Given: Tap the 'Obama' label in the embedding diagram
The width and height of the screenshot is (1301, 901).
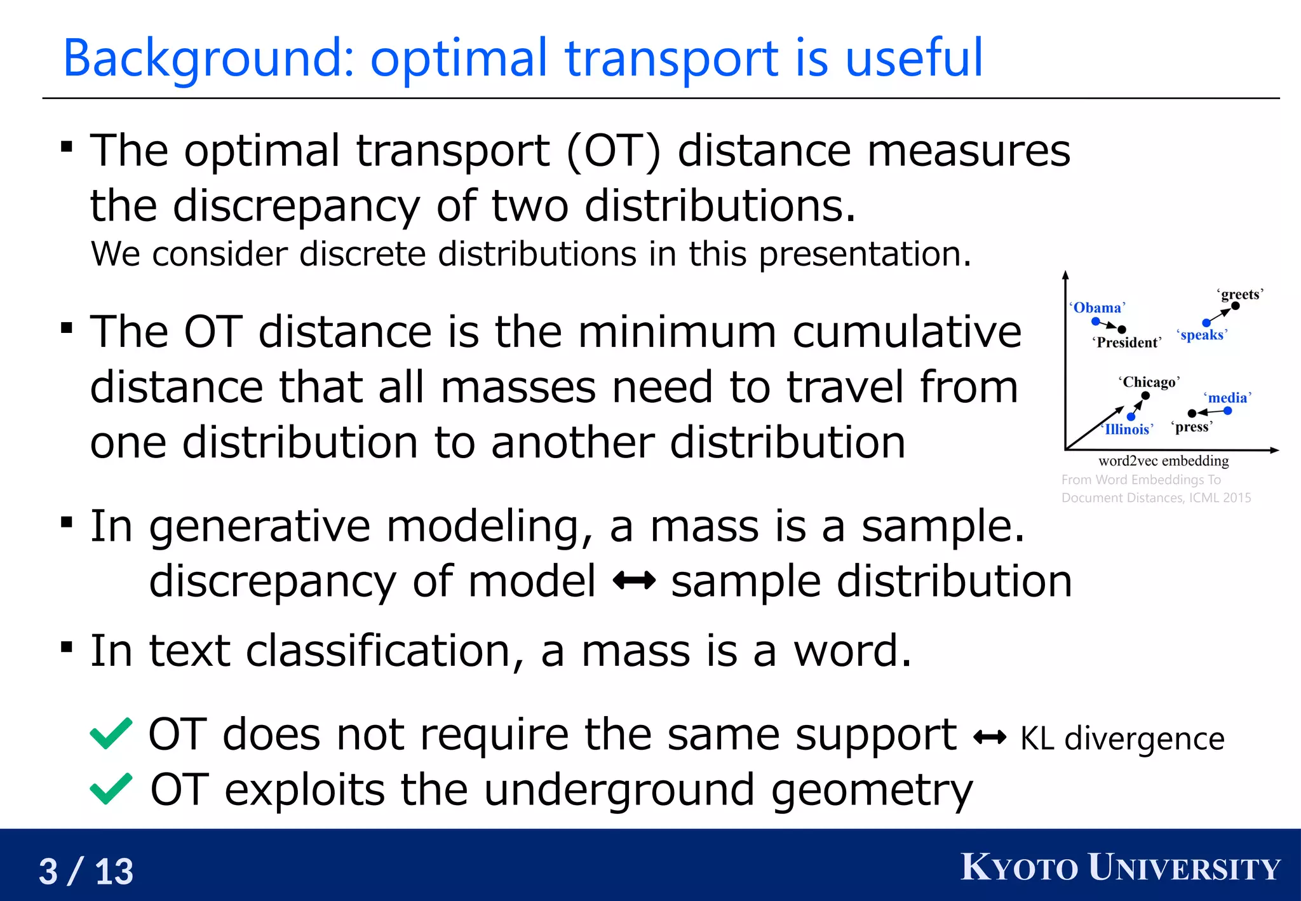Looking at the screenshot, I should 1098,308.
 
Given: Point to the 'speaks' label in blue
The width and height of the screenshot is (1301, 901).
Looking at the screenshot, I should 1202,335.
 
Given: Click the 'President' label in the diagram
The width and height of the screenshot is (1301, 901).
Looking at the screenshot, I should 1127,342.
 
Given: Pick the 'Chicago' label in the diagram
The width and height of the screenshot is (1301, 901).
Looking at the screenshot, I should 1149,382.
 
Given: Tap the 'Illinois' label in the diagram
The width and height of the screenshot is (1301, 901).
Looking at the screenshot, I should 1128,430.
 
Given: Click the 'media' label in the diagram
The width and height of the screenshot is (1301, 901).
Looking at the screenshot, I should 1227,398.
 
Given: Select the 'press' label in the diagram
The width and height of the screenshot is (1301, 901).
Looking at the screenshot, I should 1192,427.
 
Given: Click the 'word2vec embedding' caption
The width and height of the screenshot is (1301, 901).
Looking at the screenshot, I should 1163,461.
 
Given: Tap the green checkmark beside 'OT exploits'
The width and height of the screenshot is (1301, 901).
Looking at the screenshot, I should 111,789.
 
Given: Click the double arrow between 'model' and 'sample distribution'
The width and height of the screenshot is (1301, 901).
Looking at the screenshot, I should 633,580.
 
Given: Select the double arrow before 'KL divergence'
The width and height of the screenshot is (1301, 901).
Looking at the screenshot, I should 990,738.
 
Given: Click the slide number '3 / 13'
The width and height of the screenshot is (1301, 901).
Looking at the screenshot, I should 86,871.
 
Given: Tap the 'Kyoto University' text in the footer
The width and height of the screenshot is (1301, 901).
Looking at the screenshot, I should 1121,868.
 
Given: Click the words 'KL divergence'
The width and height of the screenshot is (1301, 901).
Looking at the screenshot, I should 1122,739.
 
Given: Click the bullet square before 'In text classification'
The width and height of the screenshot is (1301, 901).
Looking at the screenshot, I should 67,647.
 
